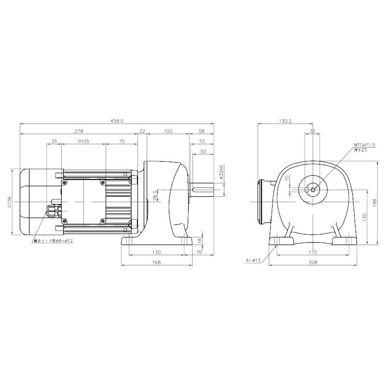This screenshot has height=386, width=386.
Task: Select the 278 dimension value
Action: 79,131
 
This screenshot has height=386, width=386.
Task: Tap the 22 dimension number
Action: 142,131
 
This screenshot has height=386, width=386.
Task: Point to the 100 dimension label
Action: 167,131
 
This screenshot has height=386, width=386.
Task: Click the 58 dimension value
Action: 201,131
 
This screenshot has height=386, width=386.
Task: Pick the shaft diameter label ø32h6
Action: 221,172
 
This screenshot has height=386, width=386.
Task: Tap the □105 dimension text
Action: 83,142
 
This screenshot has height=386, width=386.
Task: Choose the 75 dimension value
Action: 121,142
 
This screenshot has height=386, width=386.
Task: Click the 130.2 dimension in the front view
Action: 285,121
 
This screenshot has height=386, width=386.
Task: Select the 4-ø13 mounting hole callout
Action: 252,260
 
